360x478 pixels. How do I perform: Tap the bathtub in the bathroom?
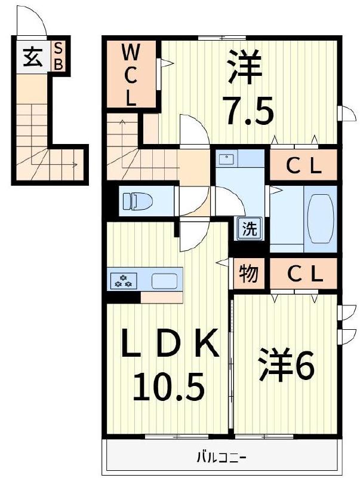pos(321,218)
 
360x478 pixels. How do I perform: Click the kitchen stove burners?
pos(124,280)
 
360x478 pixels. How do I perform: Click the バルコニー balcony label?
pos(222,459)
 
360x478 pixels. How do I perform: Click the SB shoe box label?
pos(59,56)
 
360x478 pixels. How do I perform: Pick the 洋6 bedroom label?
pos(286,366)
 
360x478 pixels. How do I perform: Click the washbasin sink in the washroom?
pos(227,160)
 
